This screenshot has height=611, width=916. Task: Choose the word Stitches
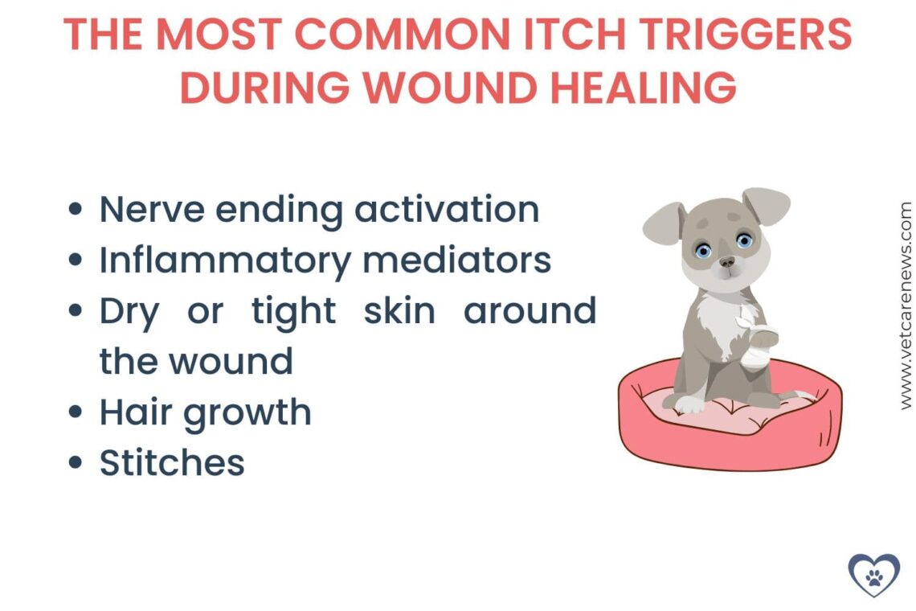point(172,462)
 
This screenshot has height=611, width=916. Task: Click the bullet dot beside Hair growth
point(76,412)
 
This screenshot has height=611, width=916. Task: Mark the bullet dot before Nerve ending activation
point(76,209)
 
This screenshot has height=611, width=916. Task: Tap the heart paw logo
point(873,574)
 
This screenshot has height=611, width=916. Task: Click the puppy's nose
point(726,262)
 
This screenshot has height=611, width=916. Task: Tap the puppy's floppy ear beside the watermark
point(767,206)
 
